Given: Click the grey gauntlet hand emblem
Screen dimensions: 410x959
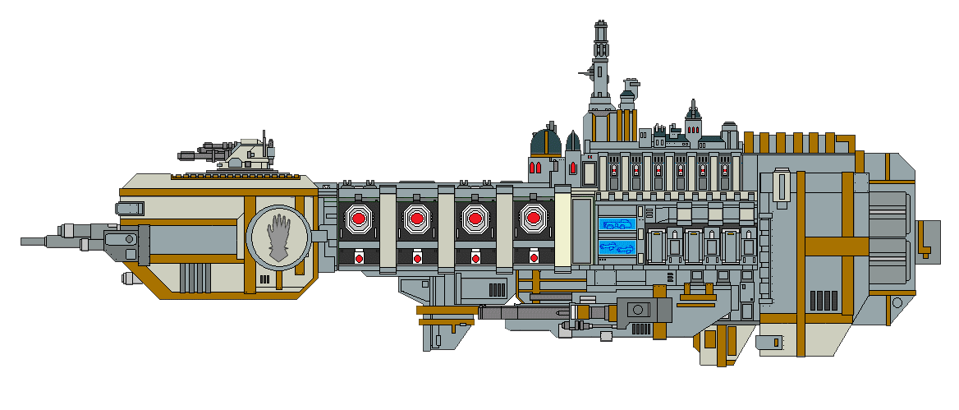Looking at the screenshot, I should click(279, 238).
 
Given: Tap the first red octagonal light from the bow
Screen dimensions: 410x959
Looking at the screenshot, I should click(359, 219).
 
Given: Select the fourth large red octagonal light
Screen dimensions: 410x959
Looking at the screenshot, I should click(533, 219).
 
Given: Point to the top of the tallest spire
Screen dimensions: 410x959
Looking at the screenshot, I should click(601, 22).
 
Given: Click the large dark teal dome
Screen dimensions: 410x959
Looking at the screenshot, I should click(545, 141).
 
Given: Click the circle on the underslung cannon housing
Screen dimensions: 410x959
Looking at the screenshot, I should click(638, 310).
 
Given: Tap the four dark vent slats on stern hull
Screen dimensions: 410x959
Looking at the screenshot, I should click(824, 300).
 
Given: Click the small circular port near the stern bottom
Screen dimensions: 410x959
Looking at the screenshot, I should click(773, 339).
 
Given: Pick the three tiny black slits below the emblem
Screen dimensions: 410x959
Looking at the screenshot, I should click(263, 279).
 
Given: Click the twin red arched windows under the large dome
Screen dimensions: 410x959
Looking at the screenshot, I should click(535, 168).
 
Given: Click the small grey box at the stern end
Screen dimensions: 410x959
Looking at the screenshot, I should click(929, 239).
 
